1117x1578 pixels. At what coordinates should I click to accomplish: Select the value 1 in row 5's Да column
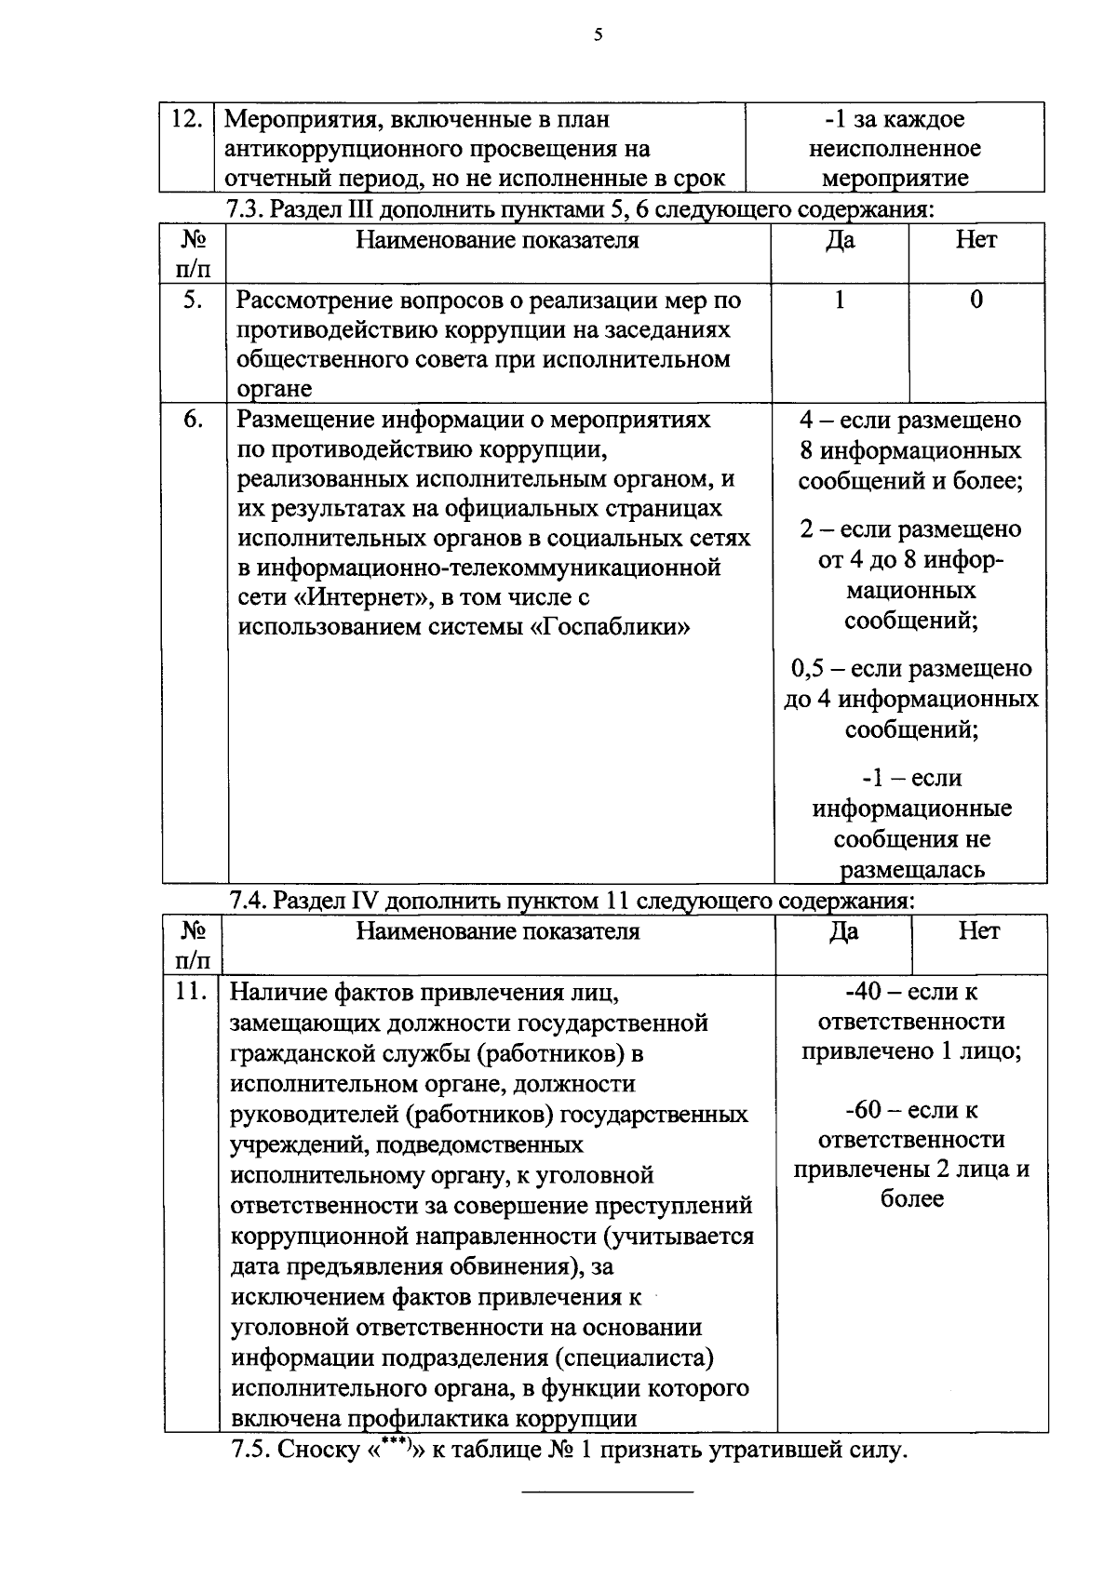pyautogui.click(x=841, y=300)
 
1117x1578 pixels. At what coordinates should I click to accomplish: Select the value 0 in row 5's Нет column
pyautogui.click(x=976, y=300)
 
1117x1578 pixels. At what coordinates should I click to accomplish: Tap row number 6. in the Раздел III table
pyautogui.click(x=193, y=420)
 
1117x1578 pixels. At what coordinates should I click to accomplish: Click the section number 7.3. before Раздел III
pyautogui.click(x=247, y=208)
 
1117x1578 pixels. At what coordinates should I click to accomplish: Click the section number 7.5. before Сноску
pyautogui.click(x=250, y=1451)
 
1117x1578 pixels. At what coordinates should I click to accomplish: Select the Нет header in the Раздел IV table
pyautogui.click(x=979, y=931)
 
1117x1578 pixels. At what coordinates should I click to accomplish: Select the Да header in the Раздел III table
pyautogui.click(x=841, y=240)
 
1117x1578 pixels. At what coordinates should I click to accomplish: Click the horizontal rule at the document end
pyautogui.click(x=607, y=1492)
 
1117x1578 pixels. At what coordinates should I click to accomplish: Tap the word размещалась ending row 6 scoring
pyautogui.click(x=912, y=870)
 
